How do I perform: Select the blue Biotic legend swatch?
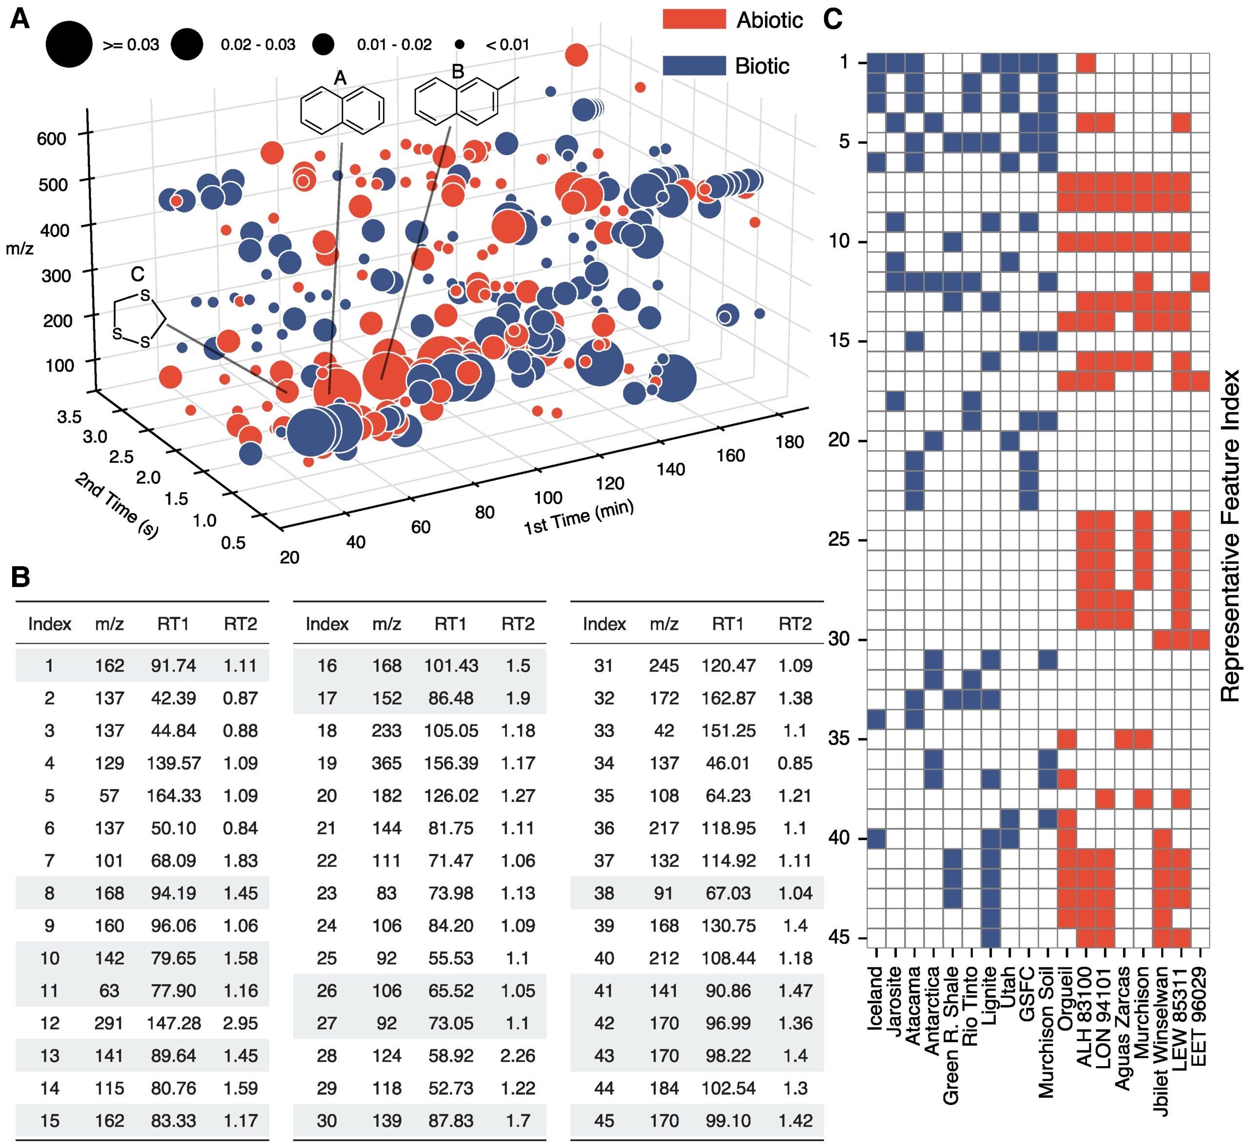tap(694, 66)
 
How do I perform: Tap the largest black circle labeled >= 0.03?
tap(69, 44)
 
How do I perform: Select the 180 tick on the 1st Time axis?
tap(789, 442)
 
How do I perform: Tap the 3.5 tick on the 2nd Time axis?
tap(69, 416)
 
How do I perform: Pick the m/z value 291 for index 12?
tap(109, 1023)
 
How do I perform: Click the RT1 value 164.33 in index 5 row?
tap(173, 796)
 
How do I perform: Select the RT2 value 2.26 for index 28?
tap(518, 1055)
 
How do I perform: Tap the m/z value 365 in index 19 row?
tap(386, 763)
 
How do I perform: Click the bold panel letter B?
tap(20, 577)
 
